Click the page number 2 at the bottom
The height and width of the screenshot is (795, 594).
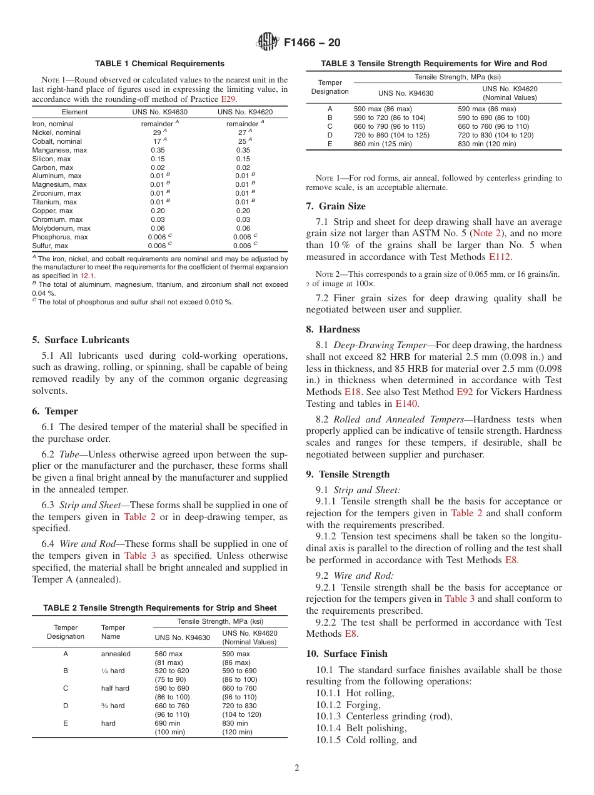(297, 767)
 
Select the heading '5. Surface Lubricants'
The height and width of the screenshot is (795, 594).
(81, 340)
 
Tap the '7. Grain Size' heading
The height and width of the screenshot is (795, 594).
(336, 206)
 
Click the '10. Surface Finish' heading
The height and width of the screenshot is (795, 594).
(346, 654)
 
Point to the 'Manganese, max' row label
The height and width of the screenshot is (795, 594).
(59, 150)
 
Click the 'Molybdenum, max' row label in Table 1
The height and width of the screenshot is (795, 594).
(61, 228)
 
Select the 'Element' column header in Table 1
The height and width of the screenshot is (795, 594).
(74, 112)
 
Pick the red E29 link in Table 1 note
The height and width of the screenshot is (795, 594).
(228, 99)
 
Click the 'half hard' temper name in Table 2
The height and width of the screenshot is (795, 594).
(115, 688)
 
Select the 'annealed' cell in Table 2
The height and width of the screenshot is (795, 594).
(116, 654)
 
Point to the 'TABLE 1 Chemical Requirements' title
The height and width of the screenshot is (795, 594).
(159, 64)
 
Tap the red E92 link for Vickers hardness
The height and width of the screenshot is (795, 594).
(465, 392)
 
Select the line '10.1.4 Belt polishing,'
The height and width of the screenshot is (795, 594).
(361, 728)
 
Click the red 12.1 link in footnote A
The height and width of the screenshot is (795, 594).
(88, 276)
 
